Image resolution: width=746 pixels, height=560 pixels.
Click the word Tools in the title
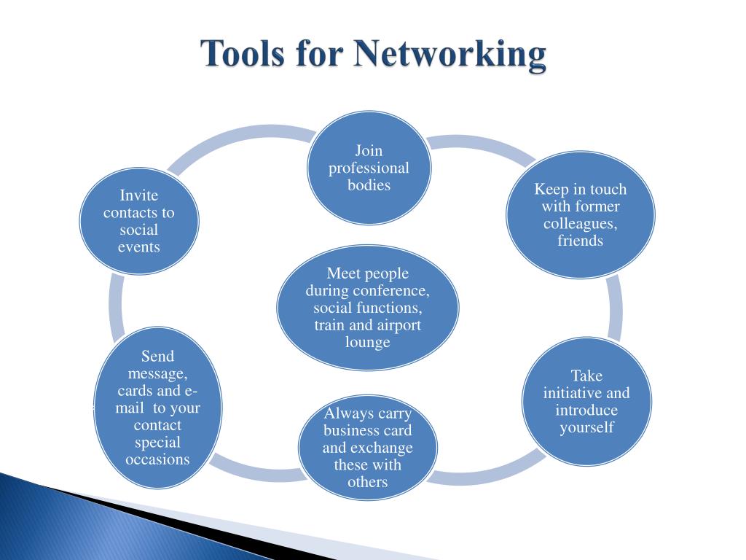[242, 55]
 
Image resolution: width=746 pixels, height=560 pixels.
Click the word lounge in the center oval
[368, 342]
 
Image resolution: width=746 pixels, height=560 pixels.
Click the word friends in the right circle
[581, 241]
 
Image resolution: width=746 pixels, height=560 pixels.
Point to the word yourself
[586, 427]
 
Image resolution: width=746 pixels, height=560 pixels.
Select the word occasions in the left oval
[157, 459]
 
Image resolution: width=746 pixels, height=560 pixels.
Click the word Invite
[138, 195]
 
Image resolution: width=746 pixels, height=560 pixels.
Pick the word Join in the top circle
[369, 151]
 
